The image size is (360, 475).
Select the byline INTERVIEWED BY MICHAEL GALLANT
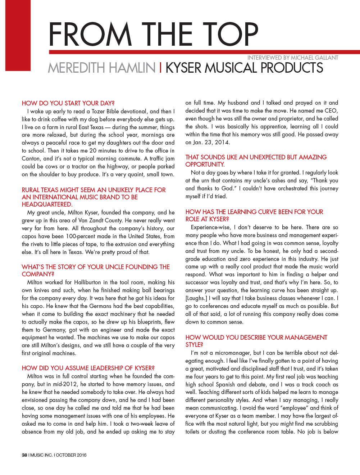coord(293,58)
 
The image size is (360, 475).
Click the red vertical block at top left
coord(15,35)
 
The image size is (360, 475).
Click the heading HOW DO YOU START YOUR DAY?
coord(68,103)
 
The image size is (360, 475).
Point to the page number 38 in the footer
coord(24,455)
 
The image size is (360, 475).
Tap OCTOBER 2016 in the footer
coord(71,455)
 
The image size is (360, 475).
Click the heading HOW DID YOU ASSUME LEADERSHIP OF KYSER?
coord(88,368)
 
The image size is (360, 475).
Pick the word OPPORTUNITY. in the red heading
coord(205,164)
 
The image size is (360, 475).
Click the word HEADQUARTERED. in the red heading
coord(47,204)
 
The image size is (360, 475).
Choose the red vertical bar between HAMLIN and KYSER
coord(160,68)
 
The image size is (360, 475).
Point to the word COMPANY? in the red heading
coord(38,274)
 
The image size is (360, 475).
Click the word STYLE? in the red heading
coord(194,345)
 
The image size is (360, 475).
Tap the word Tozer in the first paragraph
coord(98,112)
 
